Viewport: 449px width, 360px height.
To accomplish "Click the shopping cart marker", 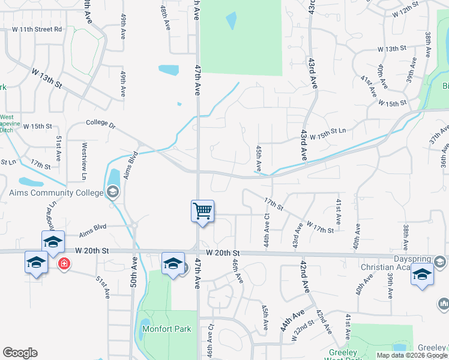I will coord(202,211).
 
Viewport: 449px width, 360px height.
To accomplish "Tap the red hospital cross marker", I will coord(63,263).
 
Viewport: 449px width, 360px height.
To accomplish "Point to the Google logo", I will coord(20,353).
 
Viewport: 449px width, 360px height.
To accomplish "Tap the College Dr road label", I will coord(100,124).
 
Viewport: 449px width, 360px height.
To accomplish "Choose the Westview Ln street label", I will coord(84,161).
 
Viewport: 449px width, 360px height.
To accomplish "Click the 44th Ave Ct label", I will coord(267,214).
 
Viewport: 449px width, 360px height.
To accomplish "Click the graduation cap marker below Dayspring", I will coord(422,274).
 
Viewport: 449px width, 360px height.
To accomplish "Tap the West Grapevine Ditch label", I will coord(7,124).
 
